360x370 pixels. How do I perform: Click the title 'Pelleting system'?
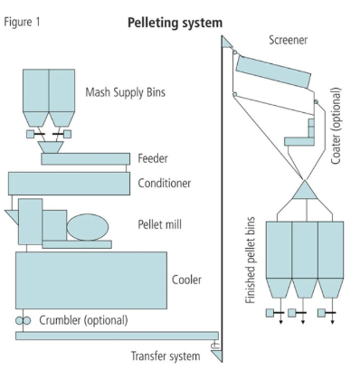coord(175,21)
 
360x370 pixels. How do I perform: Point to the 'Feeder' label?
coord(153,158)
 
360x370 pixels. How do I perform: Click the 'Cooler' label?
coord(186,280)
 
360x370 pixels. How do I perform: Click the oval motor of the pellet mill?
coord(89,226)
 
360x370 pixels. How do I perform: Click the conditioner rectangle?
coord(69,184)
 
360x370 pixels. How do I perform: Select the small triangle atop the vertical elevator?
coord(226,43)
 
